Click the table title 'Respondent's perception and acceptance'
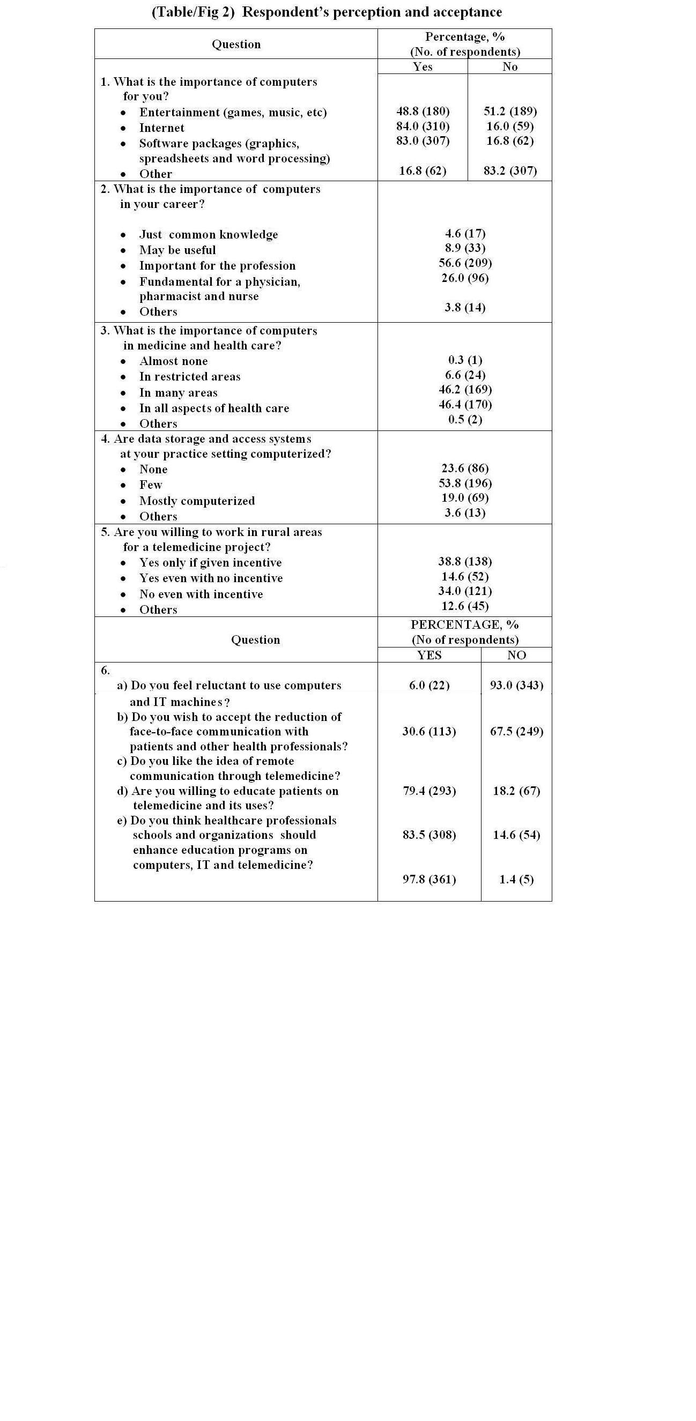pyautogui.click(x=327, y=12)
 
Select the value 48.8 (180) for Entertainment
pyautogui.click(x=423, y=111)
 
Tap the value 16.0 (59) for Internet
pyautogui.click(x=510, y=126)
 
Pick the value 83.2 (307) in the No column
pyautogui.click(x=510, y=170)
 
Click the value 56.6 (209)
pyautogui.click(x=465, y=263)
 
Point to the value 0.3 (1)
pyautogui.click(x=465, y=360)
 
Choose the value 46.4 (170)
pyautogui.click(x=465, y=404)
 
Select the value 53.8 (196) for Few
pyautogui.click(x=465, y=482)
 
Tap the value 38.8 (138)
pyautogui.click(x=465, y=561)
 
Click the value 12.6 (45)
pyautogui.click(x=465, y=606)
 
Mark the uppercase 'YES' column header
pyautogui.click(x=430, y=655)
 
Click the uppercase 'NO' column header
pyautogui.click(x=516, y=655)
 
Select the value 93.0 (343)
pyautogui.click(x=516, y=685)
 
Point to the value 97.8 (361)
pyautogui.click(x=430, y=879)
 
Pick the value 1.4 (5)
pyautogui.click(x=516, y=879)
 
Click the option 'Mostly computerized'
pyautogui.click(x=197, y=501)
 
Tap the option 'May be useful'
pyautogui.click(x=177, y=250)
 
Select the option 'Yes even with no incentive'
pyautogui.click(x=211, y=578)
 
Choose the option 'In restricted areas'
pyautogui.click(x=190, y=377)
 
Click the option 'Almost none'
pyautogui.click(x=173, y=361)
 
